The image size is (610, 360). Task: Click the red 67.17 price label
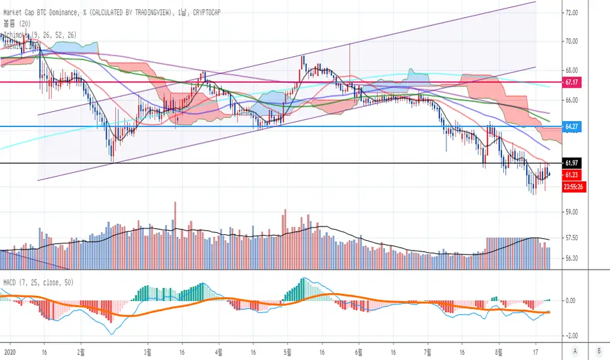(572, 82)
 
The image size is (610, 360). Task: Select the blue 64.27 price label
(572, 126)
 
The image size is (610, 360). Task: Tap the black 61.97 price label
(572, 162)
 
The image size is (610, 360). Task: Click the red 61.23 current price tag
(572, 175)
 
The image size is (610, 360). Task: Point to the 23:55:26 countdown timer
(574, 186)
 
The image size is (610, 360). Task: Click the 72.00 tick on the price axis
(572, 12)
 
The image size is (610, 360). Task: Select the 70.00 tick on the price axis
(572, 41)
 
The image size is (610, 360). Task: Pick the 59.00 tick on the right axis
(572, 212)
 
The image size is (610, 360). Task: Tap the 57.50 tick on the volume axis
(572, 238)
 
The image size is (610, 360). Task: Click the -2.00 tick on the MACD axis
(572, 332)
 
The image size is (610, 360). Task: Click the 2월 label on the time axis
(81, 350)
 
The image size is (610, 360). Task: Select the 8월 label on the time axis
(499, 350)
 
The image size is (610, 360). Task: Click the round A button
(575, 350)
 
